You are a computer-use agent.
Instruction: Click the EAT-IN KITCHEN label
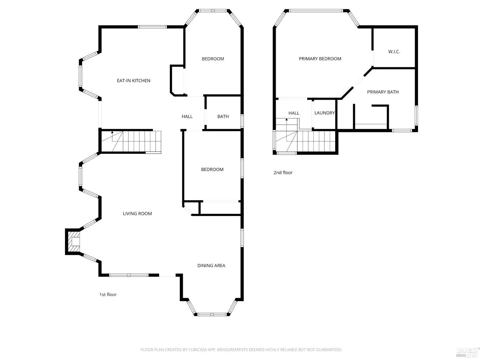[x=133, y=81]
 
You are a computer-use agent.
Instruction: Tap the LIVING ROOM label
[x=137, y=214]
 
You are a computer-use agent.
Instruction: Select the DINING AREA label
[x=211, y=266]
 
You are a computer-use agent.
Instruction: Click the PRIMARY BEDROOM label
[x=320, y=59]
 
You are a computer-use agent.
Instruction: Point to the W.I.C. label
[x=394, y=52]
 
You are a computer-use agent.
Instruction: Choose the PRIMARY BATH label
[x=383, y=92]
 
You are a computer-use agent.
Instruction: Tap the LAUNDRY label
[x=325, y=113]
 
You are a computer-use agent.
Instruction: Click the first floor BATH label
[x=223, y=116]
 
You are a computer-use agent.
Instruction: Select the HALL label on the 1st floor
[x=187, y=116]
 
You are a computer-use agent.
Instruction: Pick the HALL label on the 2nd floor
[x=294, y=113]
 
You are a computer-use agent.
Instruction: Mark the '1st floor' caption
[x=108, y=294]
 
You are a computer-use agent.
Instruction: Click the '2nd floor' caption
[x=283, y=172]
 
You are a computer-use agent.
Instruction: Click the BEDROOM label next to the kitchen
[x=213, y=59]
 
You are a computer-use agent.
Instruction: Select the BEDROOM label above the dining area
[x=212, y=170]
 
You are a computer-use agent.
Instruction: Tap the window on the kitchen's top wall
[x=152, y=27]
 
